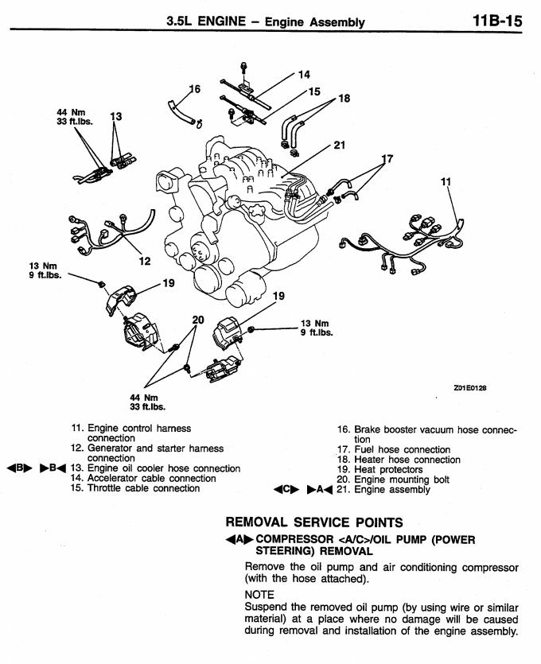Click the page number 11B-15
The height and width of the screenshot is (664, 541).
coord(496,21)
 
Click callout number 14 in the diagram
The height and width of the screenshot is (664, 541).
coord(303,76)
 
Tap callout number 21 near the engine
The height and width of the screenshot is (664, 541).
coord(340,146)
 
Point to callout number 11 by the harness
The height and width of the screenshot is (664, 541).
coord(446,182)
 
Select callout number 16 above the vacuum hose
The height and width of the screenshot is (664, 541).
coord(195,88)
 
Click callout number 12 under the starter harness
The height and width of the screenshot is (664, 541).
coord(144,260)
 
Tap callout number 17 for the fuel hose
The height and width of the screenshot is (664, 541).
coord(387,159)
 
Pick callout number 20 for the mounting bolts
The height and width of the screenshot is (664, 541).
coord(198,320)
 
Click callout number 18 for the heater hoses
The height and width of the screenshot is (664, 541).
coord(344,99)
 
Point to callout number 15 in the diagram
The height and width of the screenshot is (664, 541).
coord(313,92)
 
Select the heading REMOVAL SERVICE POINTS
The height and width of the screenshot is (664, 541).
coord(314,522)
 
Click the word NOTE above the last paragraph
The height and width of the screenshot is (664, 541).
coord(259,595)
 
